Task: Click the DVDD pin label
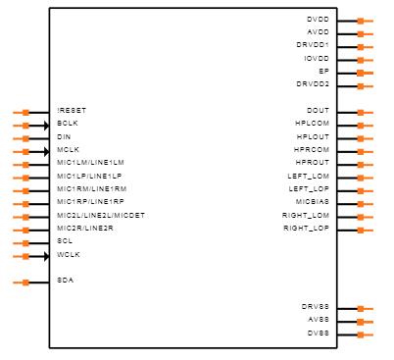click(318, 20)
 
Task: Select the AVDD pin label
click(318, 32)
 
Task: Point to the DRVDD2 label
click(313, 84)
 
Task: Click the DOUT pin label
click(318, 111)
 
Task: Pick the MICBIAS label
click(313, 202)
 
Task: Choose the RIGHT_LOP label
click(306, 229)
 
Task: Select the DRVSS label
click(316, 307)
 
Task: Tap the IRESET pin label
click(73, 111)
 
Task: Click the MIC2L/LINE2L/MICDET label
click(101, 215)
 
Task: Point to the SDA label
click(65, 281)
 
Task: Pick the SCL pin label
click(65, 241)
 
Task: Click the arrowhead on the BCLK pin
click(46, 125)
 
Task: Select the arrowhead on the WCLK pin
click(46, 256)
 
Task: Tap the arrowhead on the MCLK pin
click(46, 151)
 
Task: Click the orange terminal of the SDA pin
click(25, 282)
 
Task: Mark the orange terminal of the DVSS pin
click(360, 334)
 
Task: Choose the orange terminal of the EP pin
click(360, 73)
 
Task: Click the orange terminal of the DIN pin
click(25, 138)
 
